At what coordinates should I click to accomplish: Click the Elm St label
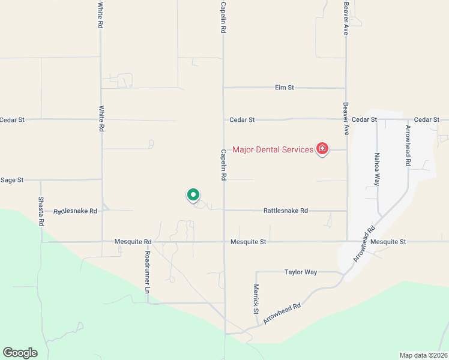[x=284, y=88]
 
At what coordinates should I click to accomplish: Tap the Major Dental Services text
[x=273, y=149]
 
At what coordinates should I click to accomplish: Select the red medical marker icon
[x=322, y=149]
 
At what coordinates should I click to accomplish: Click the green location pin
[x=193, y=195]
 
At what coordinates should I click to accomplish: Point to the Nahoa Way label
[x=376, y=170]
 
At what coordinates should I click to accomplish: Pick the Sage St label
[x=11, y=179]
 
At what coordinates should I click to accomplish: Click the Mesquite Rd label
[x=133, y=242]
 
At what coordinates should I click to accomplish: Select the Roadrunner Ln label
[x=147, y=272]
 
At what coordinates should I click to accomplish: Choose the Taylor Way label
[x=300, y=272]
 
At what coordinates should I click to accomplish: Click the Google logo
[x=20, y=353]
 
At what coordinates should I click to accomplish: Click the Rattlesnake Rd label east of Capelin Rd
[x=285, y=211]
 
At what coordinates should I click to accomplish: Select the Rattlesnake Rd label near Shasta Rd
[x=75, y=211]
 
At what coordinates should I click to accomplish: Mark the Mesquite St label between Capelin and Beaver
[x=248, y=242]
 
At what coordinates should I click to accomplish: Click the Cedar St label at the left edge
[x=11, y=120]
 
